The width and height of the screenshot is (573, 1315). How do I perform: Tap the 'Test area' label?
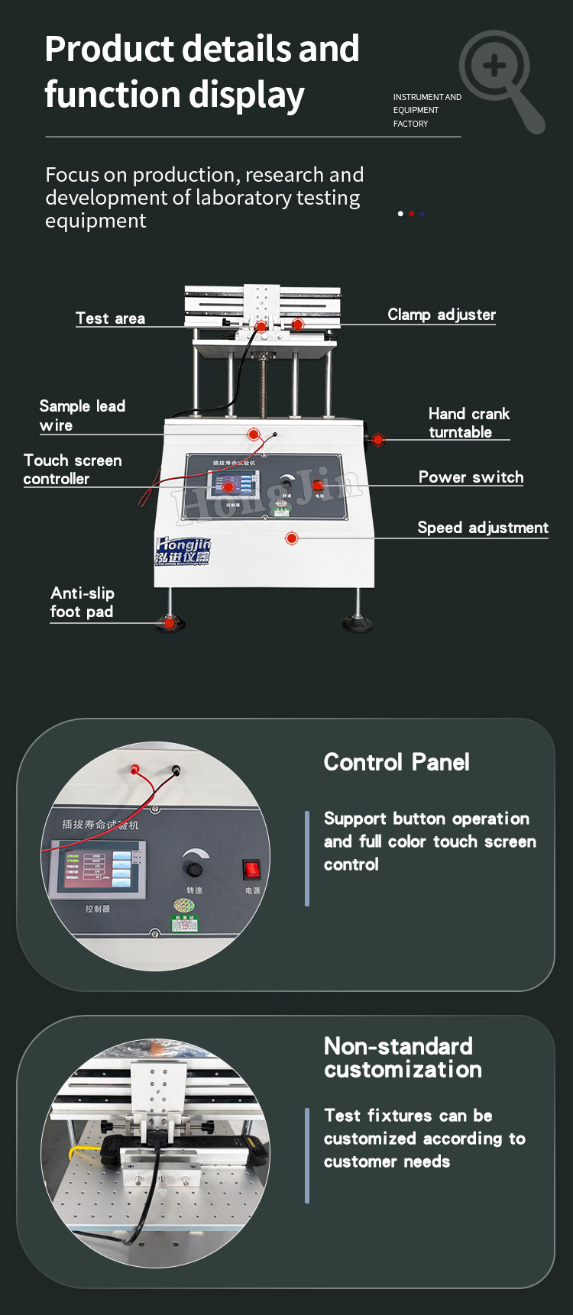pyautogui.click(x=110, y=318)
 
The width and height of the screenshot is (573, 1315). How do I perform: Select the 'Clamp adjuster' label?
pyautogui.click(x=441, y=315)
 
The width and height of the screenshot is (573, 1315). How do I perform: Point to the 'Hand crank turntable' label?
pyautogui.click(x=468, y=422)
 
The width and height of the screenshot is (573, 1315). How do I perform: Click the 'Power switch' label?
pyautogui.click(x=471, y=477)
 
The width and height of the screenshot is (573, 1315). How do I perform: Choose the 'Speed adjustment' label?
pyautogui.click(x=482, y=528)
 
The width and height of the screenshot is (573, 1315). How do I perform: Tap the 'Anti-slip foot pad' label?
pyautogui.click(x=82, y=602)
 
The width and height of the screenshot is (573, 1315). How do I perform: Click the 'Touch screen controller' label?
pyautogui.click(x=73, y=469)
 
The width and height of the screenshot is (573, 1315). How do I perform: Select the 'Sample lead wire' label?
pyautogui.click(x=82, y=415)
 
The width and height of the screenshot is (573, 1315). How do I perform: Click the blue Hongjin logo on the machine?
pyautogui.click(x=183, y=550)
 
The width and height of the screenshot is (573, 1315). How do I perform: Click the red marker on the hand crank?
pyautogui.click(x=378, y=440)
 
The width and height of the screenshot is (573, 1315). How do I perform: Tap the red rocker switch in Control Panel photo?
pyautogui.click(x=251, y=869)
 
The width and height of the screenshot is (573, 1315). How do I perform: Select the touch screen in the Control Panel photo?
pyautogui.click(x=98, y=871)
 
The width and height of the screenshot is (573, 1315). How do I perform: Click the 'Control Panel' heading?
pyautogui.click(x=397, y=762)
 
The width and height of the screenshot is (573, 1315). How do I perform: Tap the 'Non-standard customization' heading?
pyautogui.click(x=403, y=1058)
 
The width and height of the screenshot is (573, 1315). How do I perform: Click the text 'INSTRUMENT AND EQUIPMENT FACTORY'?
pyautogui.click(x=426, y=110)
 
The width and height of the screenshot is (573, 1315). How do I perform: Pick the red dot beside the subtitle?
pyautogui.click(x=411, y=214)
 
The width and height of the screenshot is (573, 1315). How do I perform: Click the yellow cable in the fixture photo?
pyautogui.click(x=76, y=1151)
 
